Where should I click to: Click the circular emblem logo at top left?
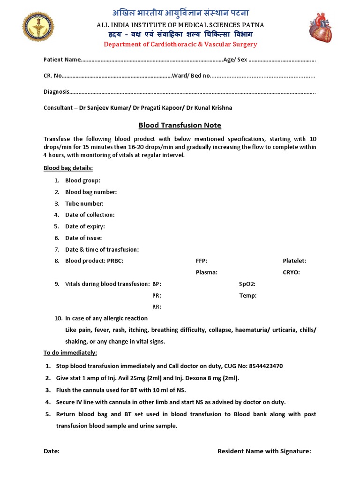38,28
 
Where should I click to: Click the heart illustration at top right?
320,28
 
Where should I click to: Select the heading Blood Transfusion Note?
180,125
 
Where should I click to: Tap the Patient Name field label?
62,60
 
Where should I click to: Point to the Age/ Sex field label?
235,60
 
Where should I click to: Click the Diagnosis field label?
56,91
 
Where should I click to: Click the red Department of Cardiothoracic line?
180,44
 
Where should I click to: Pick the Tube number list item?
84,203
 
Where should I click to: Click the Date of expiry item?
85,226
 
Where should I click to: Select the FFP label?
201,261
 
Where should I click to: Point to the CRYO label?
291,272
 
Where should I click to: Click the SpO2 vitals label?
247,284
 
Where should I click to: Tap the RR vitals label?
157,307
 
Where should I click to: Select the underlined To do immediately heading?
70,352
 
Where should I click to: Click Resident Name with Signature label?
264,451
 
